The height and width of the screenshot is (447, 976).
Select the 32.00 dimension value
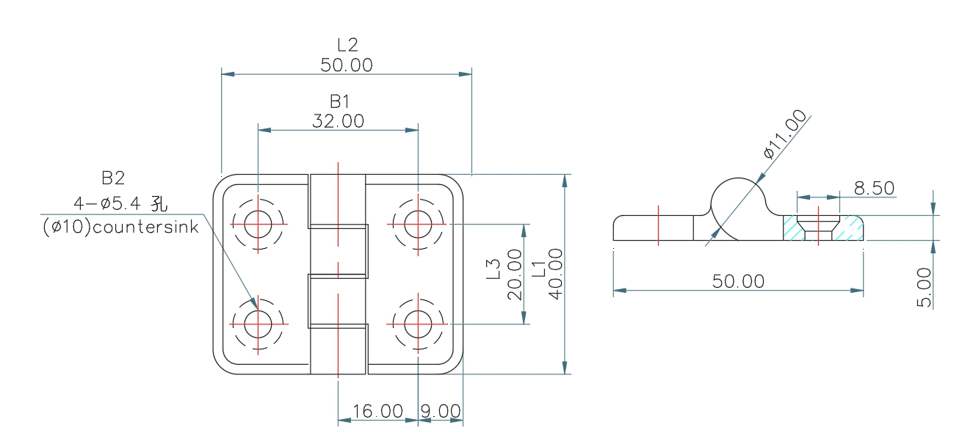[x=338, y=121]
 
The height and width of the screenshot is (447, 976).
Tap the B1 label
[x=339, y=101]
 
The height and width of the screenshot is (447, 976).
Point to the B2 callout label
[x=113, y=178]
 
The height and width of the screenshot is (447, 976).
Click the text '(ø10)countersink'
[x=120, y=227]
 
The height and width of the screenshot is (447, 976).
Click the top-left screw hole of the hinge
[x=258, y=223]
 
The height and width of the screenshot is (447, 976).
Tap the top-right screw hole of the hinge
[x=418, y=223]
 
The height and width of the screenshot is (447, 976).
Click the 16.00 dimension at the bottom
[x=377, y=411]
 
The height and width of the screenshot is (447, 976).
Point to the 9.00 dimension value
[x=441, y=411]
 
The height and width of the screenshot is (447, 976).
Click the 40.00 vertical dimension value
[x=555, y=273]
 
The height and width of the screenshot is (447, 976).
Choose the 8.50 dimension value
[x=874, y=189]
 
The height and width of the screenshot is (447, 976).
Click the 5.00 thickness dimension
[x=925, y=287]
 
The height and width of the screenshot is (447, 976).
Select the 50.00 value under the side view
[x=738, y=281]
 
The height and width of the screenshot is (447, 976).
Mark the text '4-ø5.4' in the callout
[x=109, y=203]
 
